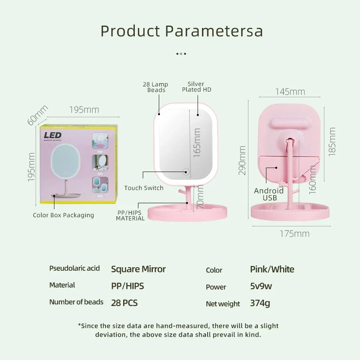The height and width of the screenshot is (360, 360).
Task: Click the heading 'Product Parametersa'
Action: pyautogui.click(x=182, y=31)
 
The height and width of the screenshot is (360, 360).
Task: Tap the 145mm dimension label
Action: pyautogui.click(x=290, y=92)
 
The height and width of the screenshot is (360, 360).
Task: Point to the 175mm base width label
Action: pyautogui.click(x=294, y=234)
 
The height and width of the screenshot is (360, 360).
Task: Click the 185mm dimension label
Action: pyautogui.click(x=332, y=142)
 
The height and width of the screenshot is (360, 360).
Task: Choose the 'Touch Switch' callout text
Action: pyautogui.click(x=144, y=188)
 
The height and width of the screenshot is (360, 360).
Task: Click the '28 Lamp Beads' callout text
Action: pyautogui.click(x=156, y=87)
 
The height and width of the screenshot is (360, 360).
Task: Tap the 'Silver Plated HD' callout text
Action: pyautogui.click(x=196, y=87)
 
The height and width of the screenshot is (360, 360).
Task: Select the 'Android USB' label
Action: pyautogui.click(x=269, y=194)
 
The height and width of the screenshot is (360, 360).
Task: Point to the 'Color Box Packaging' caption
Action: pyautogui.click(x=64, y=215)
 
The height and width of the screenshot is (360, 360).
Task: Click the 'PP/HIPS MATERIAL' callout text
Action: pyautogui.click(x=130, y=215)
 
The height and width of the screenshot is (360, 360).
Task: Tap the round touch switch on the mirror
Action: pyautogui.click(x=186, y=172)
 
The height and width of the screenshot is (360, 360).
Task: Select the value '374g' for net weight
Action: pyautogui.click(x=260, y=303)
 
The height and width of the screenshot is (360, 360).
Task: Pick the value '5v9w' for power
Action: pyautogui.click(x=261, y=286)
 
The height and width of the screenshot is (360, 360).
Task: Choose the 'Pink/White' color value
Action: pyautogui.click(x=272, y=269)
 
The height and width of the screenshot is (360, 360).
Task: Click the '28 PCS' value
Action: pyautogui.click(x=124, y=303)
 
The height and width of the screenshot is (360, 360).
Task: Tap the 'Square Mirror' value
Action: pyautogui.click(x=138, y=269)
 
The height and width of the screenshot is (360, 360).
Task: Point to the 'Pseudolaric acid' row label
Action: pyautogui.click(x=74, y=268)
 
